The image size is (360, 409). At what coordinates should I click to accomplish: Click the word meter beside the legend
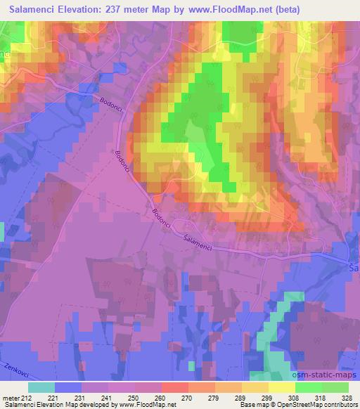pos(11,397)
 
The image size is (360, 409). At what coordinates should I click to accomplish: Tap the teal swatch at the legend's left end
pos(41,387)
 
